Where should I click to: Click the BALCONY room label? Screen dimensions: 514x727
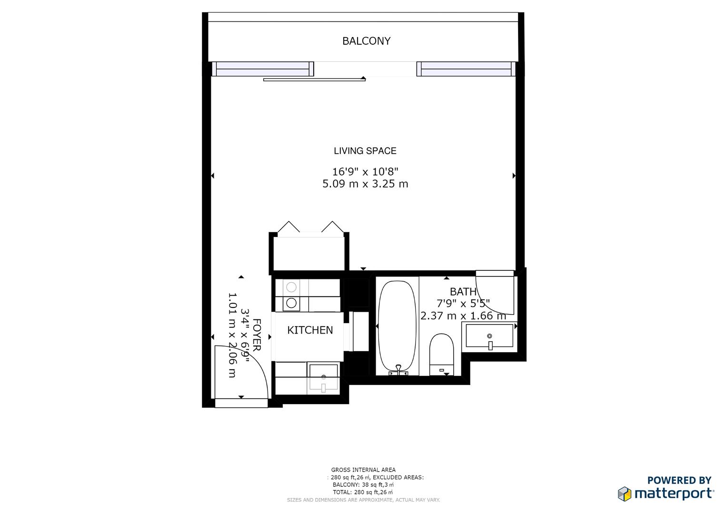(366, 41)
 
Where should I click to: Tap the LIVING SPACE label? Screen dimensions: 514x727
(365, 151)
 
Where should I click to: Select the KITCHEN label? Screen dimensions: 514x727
(310, 330)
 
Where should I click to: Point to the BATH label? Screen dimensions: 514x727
(463, 291)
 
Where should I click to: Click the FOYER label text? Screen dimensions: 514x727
(256, 335)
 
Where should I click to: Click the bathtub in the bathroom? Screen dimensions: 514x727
(397, 326)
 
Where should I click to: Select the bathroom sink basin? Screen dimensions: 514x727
(489, 336)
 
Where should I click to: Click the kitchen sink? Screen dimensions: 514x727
(323, 377)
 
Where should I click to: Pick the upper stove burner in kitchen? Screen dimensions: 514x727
(291, 287)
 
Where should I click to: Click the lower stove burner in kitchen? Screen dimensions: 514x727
(291, 303)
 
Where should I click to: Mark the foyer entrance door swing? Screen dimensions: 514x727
(240, 371)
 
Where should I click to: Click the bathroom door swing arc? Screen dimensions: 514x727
(495, 293)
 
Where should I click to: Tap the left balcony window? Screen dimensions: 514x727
(262, 69)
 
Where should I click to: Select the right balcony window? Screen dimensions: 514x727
(466, 69)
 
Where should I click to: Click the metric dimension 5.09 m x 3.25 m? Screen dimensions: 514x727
(365, 184)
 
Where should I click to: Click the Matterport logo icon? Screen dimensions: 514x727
(625, 494)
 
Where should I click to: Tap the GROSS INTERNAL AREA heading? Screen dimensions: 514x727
(363, 470)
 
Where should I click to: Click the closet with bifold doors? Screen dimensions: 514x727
(309, 252)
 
